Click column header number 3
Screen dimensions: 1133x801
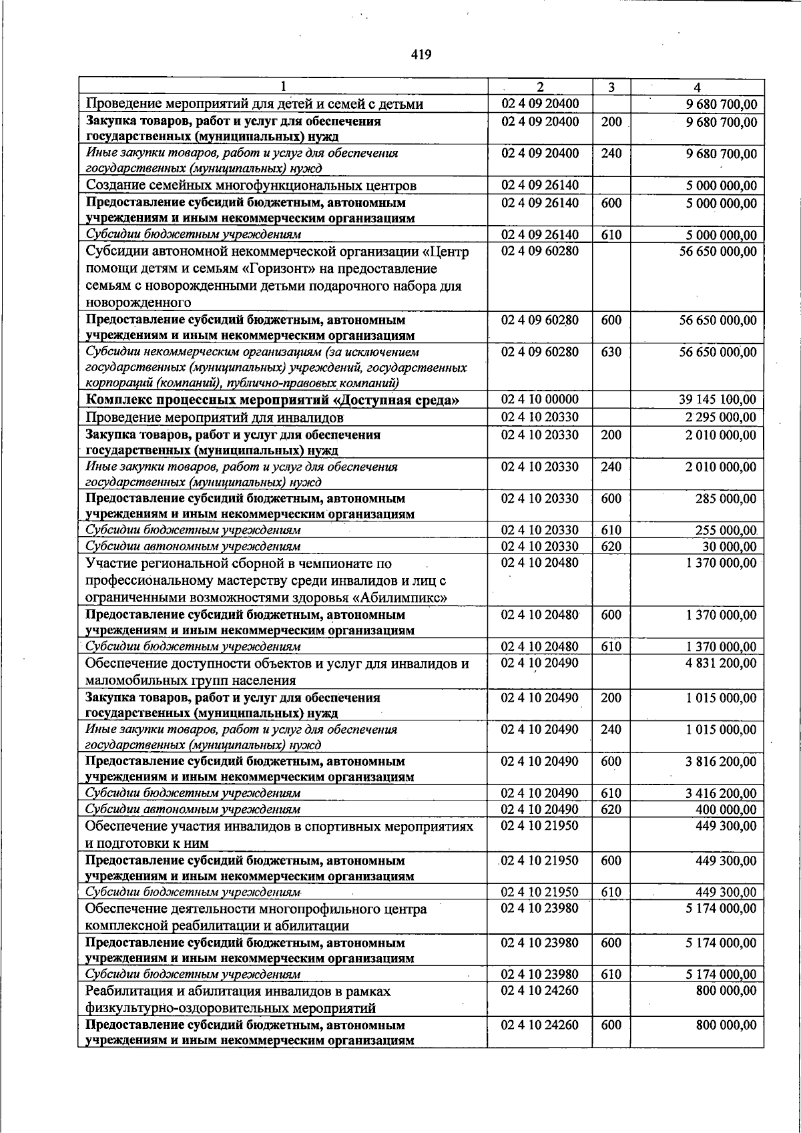611,87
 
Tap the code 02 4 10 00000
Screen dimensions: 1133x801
539,399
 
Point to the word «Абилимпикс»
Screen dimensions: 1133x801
390,598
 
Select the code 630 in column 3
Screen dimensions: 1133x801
611,352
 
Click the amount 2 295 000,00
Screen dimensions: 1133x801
721,418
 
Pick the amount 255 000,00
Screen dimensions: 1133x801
726,530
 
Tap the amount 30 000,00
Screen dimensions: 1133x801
730,547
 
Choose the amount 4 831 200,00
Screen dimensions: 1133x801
721,664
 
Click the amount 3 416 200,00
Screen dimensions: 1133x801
721,793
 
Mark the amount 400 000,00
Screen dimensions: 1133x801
726,810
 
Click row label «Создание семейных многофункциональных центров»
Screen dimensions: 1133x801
251,186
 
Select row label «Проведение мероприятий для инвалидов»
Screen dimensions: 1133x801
214,418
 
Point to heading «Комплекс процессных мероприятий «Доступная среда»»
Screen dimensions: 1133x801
272,401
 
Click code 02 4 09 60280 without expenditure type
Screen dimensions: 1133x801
539,252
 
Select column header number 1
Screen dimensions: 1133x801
284,87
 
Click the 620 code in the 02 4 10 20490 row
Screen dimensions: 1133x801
611,810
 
